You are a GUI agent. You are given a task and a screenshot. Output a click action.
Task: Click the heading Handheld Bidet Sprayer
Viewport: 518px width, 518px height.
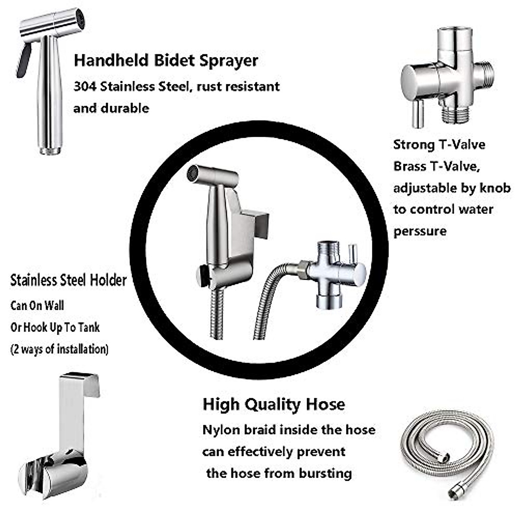coord(166,60)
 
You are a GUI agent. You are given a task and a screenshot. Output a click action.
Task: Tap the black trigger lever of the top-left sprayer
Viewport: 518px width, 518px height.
coord(24,60)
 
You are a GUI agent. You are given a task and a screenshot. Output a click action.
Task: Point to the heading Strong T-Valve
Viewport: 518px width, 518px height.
coord(439,145)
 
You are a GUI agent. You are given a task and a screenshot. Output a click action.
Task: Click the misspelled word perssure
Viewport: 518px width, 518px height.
coord(420,231)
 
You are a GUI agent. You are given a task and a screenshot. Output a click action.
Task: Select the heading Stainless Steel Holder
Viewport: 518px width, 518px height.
coord(68,280)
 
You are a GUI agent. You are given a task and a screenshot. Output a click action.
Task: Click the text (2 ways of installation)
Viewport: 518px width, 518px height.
coord(59,349)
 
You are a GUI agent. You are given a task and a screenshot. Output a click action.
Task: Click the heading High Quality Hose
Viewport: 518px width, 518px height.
coord(274,404)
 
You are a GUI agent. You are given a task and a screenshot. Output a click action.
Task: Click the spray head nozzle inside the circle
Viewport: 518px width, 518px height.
coord(193,174)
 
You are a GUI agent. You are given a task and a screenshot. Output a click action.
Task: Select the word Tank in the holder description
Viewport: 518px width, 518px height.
coord(89,328)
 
